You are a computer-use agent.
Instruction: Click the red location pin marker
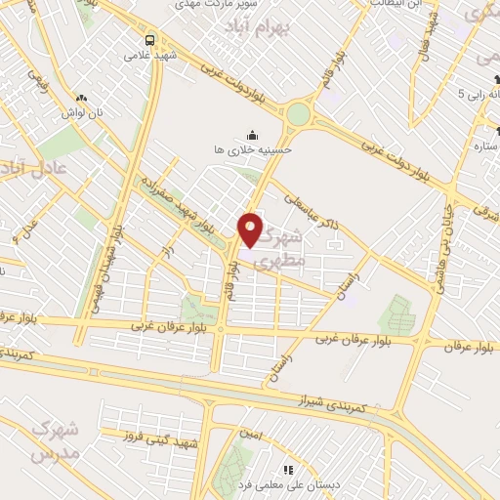pos(251,229)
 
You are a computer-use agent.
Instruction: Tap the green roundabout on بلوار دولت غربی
pos(297,114)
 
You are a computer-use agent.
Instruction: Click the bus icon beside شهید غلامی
pos(150,40)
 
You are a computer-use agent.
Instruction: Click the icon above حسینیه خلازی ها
pos(253,136)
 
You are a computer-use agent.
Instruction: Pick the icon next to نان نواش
pos(81,98)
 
